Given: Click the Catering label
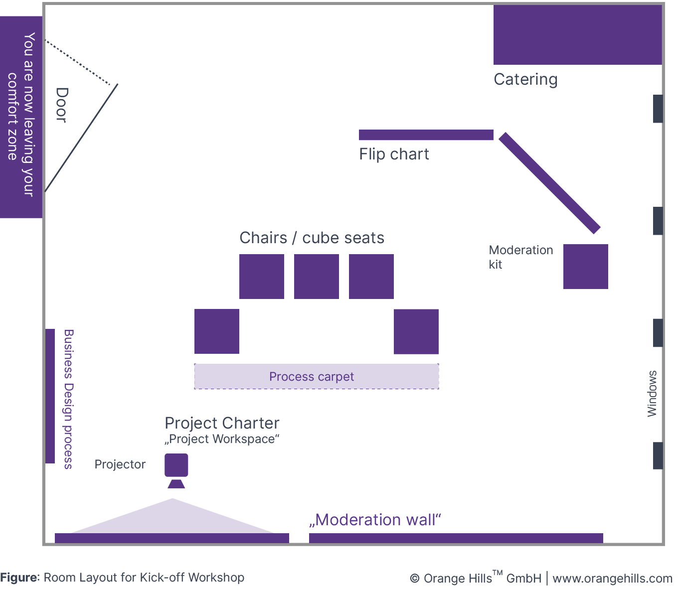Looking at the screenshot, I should coord(525,80).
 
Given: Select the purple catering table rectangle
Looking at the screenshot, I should coord(577,35).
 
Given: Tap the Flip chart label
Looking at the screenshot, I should coord(394,154).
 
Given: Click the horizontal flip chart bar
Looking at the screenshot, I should coord(426,135).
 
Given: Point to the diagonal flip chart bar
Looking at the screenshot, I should coord(549,183).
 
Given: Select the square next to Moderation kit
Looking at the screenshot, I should coord(585,266).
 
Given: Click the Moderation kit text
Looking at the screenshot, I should coord(520,257).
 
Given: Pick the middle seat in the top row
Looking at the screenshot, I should coord(316,277).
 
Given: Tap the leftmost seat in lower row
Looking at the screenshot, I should coord(216,331).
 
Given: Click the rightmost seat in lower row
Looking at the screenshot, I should coord(416,331).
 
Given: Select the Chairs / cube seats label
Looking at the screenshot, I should coord(312,238).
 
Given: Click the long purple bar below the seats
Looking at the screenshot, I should coord(316,376).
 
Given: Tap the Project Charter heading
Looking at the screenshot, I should coord(222,423).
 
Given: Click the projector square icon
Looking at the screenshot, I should coord(176,465).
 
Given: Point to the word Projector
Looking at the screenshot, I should coord(120,464).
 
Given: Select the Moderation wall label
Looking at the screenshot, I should coord(375,520).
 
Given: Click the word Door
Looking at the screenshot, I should coord(61,105).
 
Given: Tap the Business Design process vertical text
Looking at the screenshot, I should coord(68,399).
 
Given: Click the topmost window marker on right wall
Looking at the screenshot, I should coord(658,109).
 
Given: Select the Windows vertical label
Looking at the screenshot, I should coord(652,394).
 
